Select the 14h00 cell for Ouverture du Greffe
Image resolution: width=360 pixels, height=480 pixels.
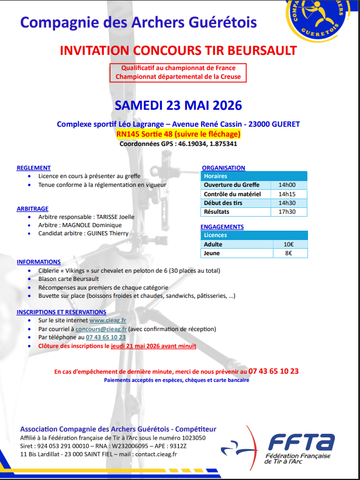click(x=287, y=185)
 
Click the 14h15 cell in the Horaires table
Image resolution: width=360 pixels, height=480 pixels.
click(x=287, y=194)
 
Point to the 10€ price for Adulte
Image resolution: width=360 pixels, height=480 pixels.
click(x=288, y=244)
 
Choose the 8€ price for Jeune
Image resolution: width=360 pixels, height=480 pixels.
click(x=288, y=253)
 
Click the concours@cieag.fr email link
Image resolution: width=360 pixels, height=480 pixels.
click(x=101, y=329)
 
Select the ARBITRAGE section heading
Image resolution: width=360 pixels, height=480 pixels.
click(x=33, y=208)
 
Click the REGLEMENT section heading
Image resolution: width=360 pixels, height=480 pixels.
click(x=34, y=168)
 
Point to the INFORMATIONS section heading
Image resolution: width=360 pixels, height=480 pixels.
click(x=39, y=262)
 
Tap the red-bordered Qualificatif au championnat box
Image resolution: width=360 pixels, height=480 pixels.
click(x=178, y=72)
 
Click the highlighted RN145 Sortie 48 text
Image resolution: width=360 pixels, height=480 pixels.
click(x=178, y=134)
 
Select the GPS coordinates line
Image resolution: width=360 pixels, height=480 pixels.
click(x=178, y=143)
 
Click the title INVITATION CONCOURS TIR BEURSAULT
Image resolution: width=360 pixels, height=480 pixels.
click(x=178, y=50)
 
